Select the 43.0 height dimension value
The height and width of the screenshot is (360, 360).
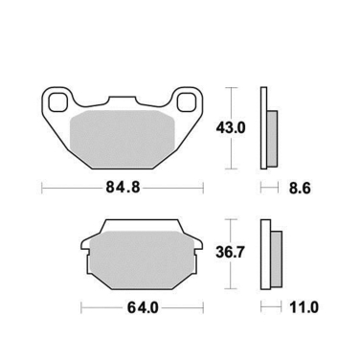[x=253, y=127]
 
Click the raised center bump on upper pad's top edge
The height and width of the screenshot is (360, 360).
[x=122, y=100]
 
